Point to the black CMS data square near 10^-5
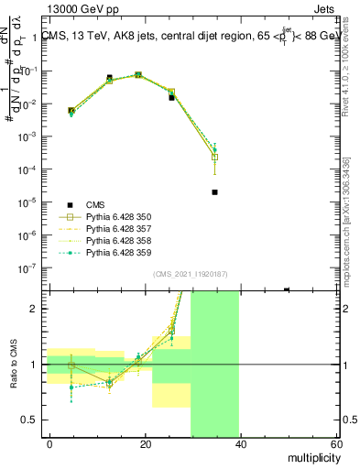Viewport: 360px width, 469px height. pyautogui.click(x=214, y=192)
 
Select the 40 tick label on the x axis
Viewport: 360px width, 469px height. pyautogui.click(x=239, y=443)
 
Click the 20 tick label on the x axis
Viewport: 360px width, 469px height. pyautogui.click(x=145, y=443)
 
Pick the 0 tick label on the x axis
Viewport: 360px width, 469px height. pyautogui.click(x=50, y=443)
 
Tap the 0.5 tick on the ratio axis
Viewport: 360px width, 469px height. pyautogui.click(x=29, y=420)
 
